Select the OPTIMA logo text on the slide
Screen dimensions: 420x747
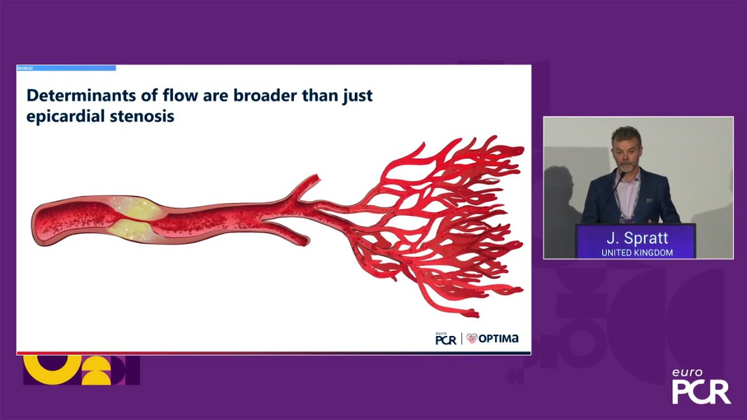(x=498, y=338)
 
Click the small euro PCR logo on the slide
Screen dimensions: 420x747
(x=445, y=338)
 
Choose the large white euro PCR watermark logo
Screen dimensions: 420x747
(x=701, y=387)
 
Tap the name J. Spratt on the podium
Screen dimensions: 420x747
(x=637, y=239)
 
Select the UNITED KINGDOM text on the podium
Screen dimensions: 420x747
(x=637, y=253)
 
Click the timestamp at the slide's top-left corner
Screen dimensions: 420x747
(x=25, y=68)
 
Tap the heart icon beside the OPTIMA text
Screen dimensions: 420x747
(x=472, y=338)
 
